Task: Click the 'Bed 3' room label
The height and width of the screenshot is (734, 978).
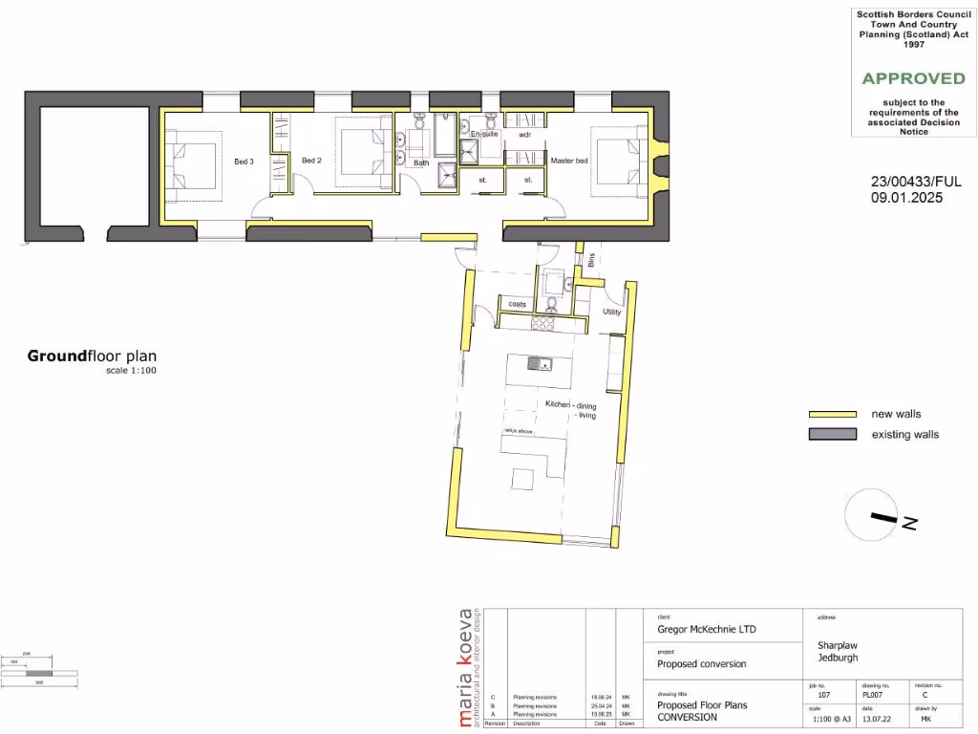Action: [244, 162]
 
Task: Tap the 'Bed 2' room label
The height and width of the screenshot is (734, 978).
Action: [311, 161]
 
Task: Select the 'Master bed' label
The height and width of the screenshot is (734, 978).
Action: [569, 161]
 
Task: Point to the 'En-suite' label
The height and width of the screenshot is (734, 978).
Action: [484, 135]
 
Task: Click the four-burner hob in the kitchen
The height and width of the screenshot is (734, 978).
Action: [543, 323]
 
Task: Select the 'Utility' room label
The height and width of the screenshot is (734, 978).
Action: [611, 313]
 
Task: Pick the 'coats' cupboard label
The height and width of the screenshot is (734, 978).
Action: [518, 305]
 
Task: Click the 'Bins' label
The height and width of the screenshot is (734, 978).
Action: [591, 259]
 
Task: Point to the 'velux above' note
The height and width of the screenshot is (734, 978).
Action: [519, 431]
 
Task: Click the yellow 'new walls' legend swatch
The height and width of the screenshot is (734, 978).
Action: [831, 415]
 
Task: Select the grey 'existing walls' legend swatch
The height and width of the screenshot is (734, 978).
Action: [831, 435]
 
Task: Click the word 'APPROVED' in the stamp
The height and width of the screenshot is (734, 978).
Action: [913, 78]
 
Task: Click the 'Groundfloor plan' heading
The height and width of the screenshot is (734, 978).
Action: [92, 356]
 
